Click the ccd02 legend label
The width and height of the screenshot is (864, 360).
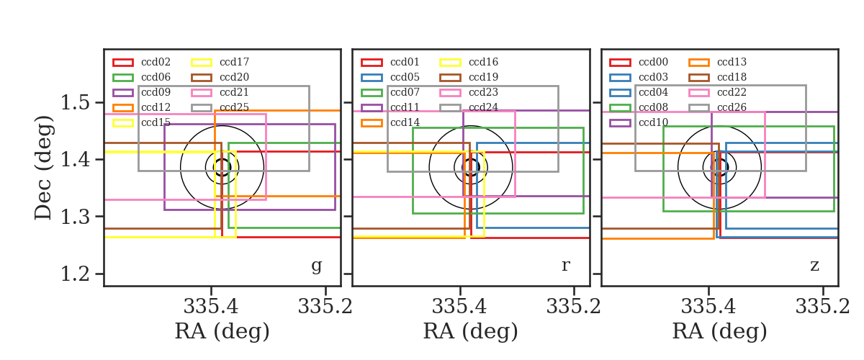click(156, 62)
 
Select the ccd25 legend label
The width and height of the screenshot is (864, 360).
click(234, 107)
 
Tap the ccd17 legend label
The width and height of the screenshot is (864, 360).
click(234, 62)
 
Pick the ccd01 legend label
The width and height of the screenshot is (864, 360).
click(405, 62)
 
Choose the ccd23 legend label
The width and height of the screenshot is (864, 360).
click(483, 92)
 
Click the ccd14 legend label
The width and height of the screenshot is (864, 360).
click(405, 122)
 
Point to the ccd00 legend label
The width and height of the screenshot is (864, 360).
click(654, 62)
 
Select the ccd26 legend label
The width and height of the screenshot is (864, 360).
click(732, 107)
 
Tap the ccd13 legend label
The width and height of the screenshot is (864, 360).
click(732, 62)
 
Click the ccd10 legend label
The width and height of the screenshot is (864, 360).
click(654, 122)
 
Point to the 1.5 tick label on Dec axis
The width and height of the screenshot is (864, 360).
click(76, 103)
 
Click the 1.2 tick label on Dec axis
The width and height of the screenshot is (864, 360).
click(76, 274)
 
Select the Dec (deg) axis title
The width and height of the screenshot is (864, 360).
click(42, 168)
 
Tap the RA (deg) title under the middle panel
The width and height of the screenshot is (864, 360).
click(471, 331)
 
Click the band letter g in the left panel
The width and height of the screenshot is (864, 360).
click(317, 266)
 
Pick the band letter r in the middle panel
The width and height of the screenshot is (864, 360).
click(566, 266)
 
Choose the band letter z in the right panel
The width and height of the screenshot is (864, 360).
click(814, 266)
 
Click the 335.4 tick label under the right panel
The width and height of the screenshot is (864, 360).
click(708, 307)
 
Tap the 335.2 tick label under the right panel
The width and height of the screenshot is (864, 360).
click(823, 307)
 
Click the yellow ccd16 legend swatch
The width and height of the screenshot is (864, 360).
click(450, 63)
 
